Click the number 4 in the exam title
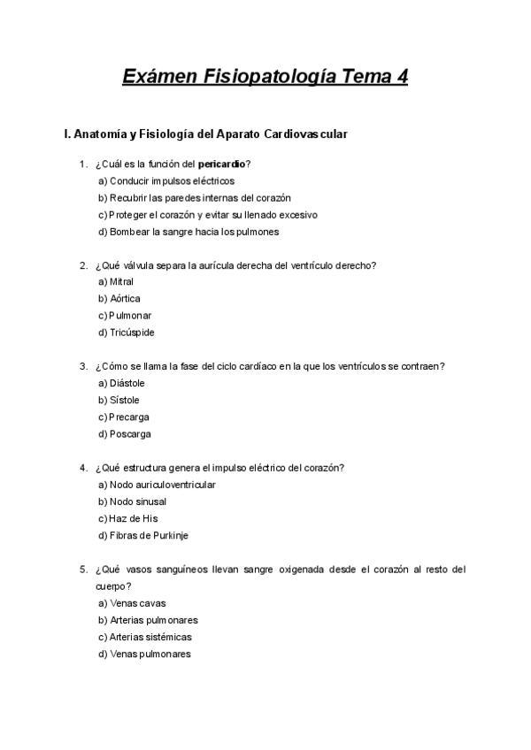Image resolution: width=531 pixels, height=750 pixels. tap(403, 77)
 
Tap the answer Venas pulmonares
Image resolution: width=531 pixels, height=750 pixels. tap(150, 654)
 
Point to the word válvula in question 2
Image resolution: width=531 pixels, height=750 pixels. tap(147, 264)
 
